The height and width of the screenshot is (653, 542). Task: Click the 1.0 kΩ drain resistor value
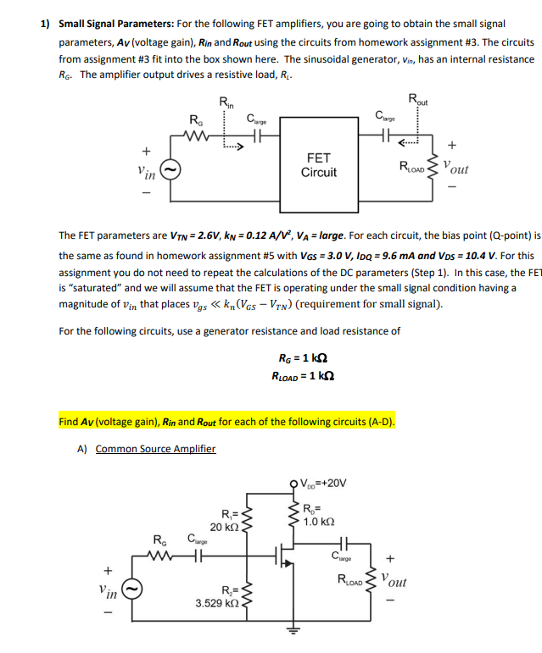[x=319, y=523]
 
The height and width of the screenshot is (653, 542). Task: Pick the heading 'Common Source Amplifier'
[x=155, y=449]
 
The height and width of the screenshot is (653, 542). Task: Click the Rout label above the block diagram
[x=420, y=102]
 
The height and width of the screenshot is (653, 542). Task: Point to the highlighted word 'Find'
[x=69, y=421]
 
